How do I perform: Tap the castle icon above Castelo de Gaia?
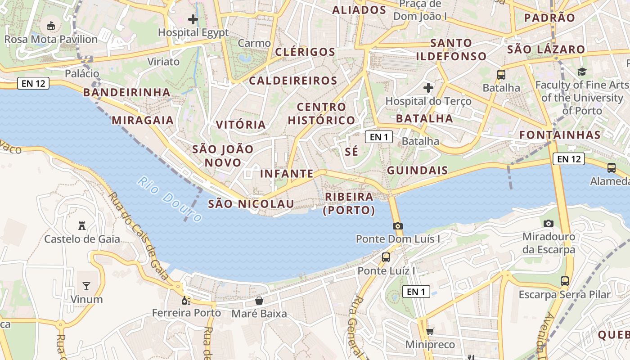[81, 225]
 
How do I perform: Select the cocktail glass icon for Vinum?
[86, 286]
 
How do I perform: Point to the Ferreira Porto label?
[186, 313]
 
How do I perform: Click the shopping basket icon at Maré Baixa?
[259, 301]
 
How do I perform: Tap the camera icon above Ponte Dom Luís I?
[397, 226]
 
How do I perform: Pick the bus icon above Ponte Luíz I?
[386, 257]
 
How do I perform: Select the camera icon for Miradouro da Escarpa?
[548, 223]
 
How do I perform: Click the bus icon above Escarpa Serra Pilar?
[564, 281]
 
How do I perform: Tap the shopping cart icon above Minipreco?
[430, 332]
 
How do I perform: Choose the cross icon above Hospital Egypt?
[193, 19]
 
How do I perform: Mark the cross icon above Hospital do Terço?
[428, 87]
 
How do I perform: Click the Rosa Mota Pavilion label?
[51, 40]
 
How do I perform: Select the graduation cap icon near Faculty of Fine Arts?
[582, 72]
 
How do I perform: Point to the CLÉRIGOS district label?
[305, 52]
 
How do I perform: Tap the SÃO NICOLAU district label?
[251, 204]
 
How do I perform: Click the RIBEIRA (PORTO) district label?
[349, 203]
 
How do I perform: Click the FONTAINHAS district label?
[560, 135]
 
